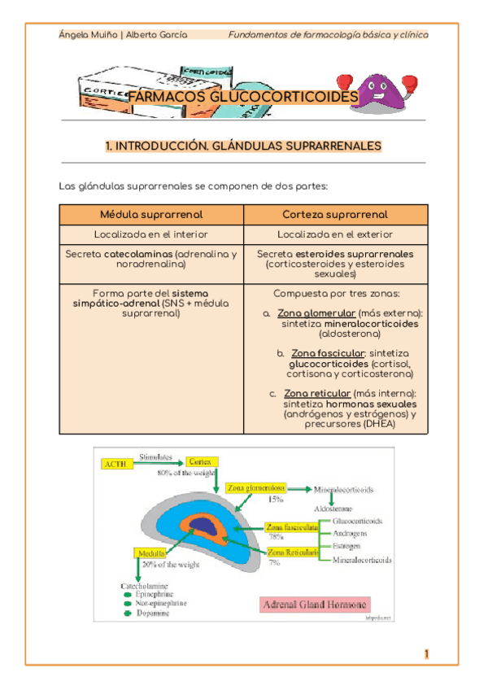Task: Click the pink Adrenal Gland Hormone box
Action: [315, 605]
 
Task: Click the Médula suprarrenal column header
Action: [151, 214]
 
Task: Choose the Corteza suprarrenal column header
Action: [335, 214]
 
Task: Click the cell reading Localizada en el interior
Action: [151, 234]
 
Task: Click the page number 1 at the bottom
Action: [426, 654]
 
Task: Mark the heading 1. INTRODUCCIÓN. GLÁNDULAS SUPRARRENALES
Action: [243, 146]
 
